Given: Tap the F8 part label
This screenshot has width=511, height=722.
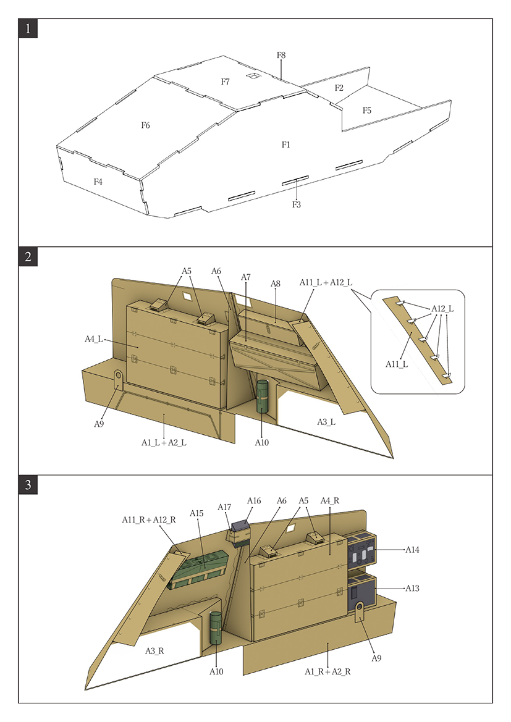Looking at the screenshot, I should (x=281, y=56).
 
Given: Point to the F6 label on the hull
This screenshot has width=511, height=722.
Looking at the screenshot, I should (x=145, y=125).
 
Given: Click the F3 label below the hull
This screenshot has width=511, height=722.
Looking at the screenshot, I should (x=297, y=204).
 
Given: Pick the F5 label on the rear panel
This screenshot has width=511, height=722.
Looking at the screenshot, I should (x=367, y=111).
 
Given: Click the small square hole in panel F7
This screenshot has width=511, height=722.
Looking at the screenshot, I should (x=253, y=76).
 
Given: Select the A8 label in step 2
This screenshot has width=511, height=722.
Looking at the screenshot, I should (x=276, y=283).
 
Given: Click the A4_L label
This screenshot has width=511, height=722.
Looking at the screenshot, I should (x=94, y=338).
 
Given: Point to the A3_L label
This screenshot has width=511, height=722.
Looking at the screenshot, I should (x=326, y=422).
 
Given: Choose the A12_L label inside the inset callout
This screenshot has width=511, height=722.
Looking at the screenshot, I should (x=442, y=308).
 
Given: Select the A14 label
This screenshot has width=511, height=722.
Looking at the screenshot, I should (x=412, y=549).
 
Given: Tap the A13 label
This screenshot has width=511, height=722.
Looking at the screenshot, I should (x=412, y=589).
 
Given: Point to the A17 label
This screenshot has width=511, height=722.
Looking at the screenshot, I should (x=224, y=507).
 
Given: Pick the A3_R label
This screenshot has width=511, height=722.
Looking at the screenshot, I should (x=154, y=651).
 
